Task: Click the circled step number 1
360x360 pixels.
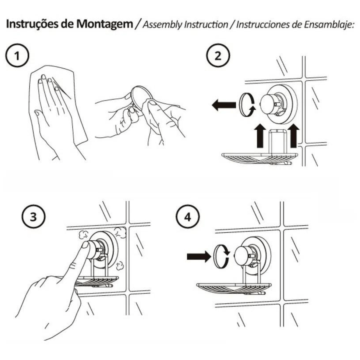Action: point(17,55)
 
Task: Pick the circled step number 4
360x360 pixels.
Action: point(188,217)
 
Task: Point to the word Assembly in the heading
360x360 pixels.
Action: point(160,25)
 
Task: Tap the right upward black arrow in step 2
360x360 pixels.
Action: point(293,136)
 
